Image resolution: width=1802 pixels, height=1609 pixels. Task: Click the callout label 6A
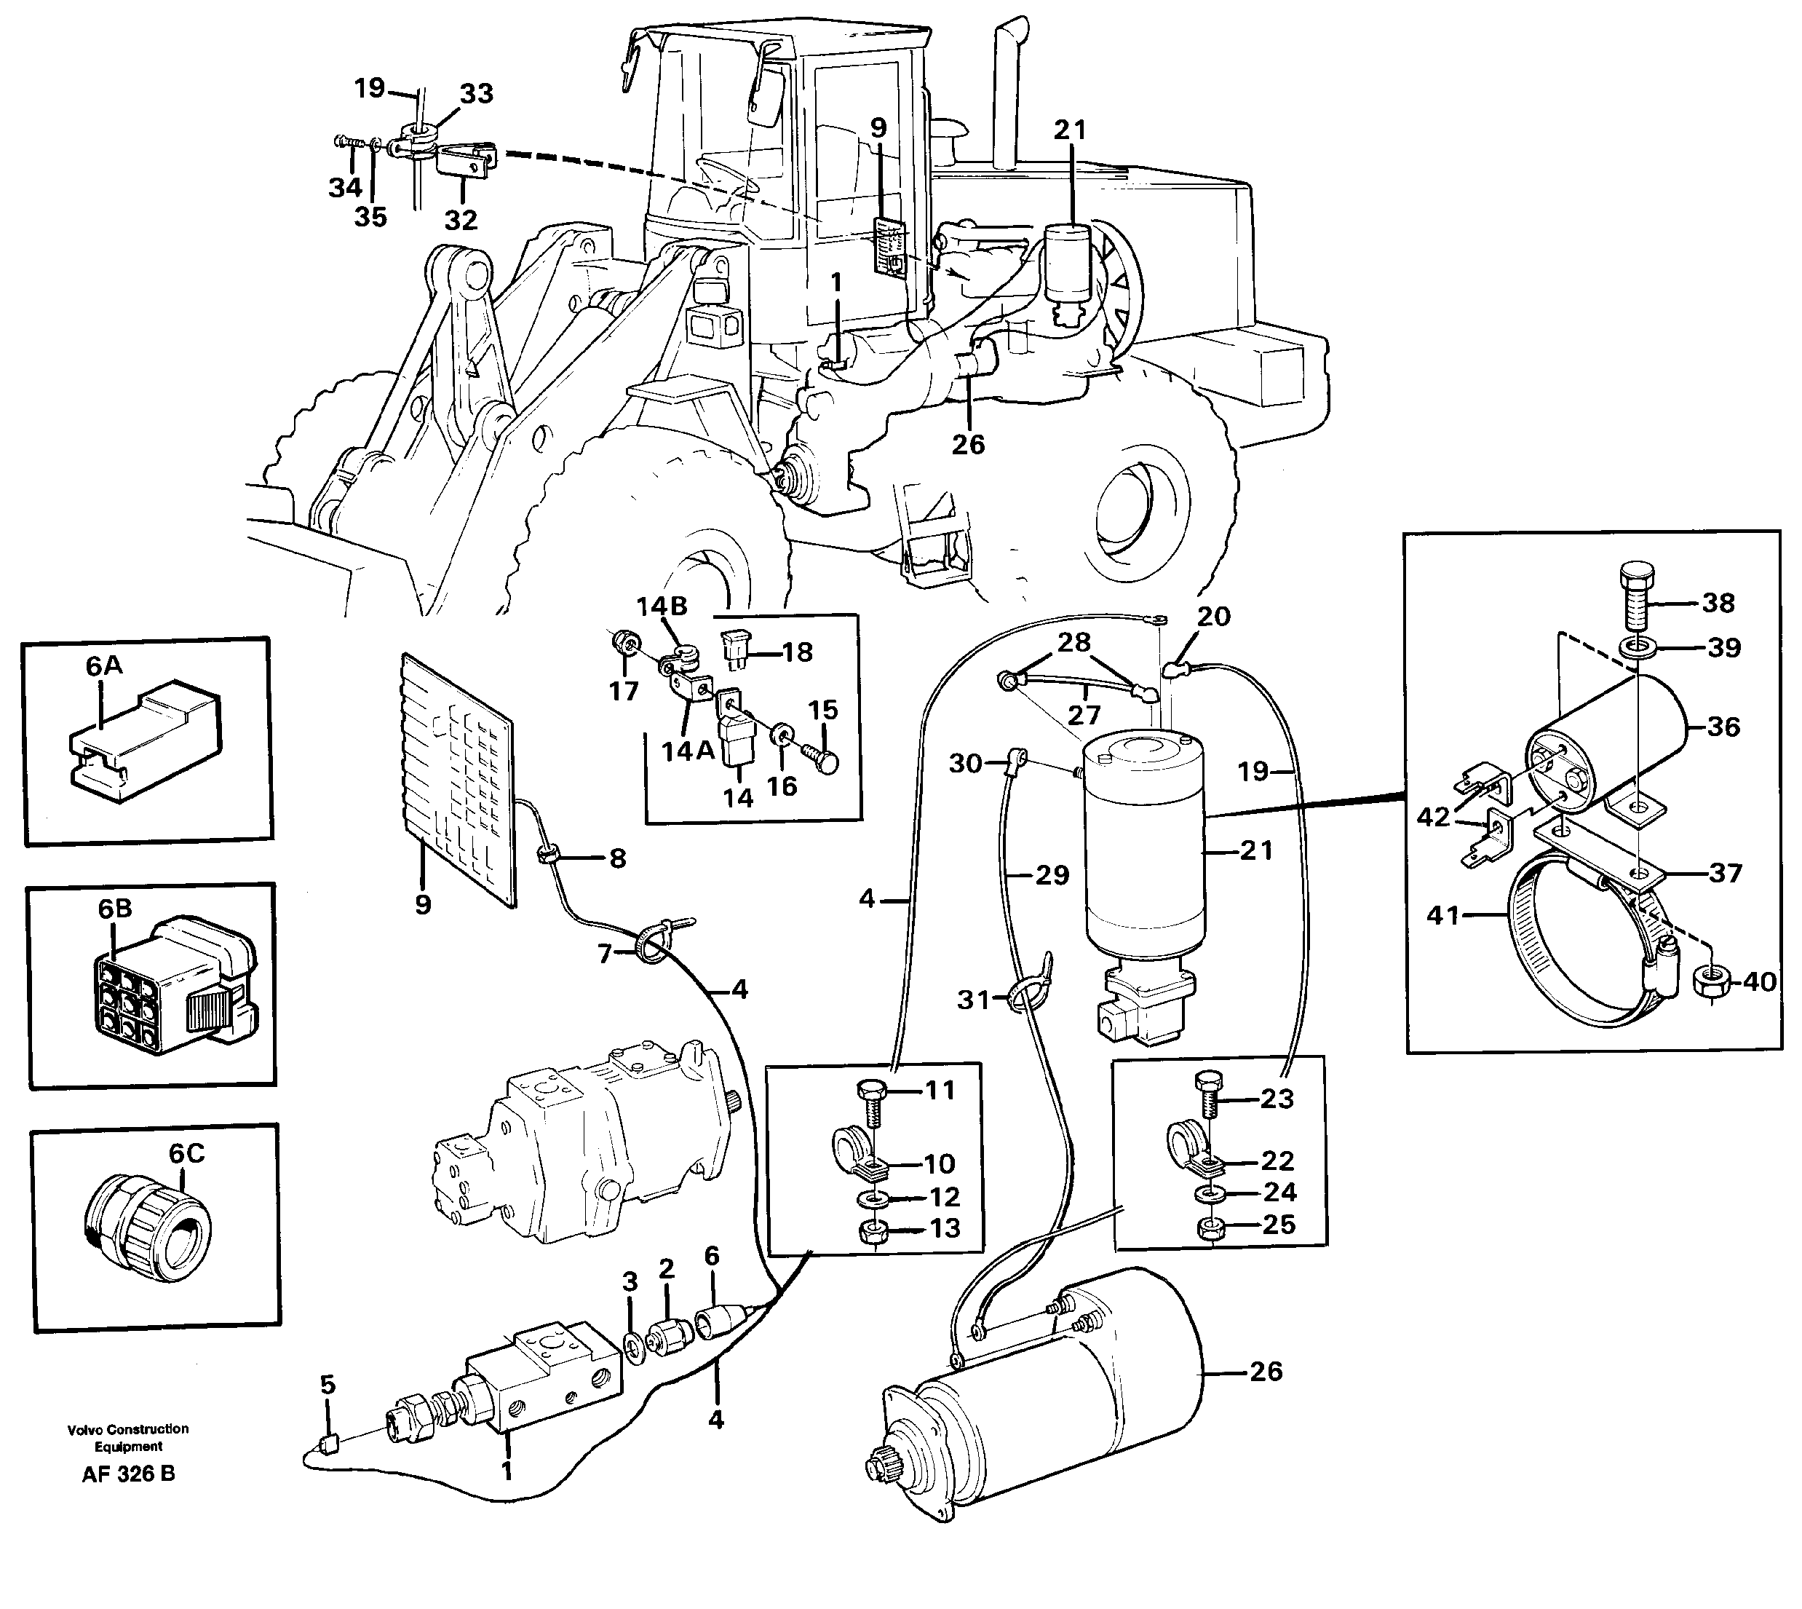103,665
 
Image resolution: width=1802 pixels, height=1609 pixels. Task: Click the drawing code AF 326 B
128,1474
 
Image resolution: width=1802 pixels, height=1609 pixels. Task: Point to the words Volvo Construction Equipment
128,1437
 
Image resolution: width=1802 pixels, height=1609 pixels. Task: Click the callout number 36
1723,727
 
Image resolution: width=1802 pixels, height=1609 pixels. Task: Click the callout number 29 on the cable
1052,874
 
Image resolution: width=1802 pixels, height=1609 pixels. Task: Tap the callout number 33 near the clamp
477,94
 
